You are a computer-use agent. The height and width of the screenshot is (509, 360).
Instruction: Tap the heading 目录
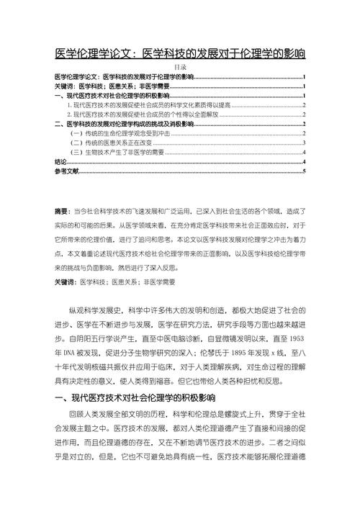(x=180, y=66)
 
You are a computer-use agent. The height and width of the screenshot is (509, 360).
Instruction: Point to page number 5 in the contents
(x=305, y=171)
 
